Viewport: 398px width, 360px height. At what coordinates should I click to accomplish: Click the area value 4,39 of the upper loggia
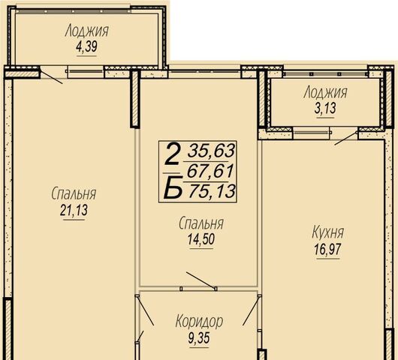(x=86, y=47)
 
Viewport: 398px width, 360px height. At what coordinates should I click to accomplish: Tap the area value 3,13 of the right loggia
(x=325, y=109)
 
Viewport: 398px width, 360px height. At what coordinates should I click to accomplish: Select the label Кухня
(x=327, y=232)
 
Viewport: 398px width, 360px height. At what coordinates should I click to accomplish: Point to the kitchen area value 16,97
(x=327, y=250)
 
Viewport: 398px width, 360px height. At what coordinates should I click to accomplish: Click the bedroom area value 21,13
(x=74, y=211)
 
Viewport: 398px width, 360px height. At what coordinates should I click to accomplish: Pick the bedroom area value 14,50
(x=201, y=239)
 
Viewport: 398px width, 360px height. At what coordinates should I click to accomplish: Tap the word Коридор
(x=199, y=322)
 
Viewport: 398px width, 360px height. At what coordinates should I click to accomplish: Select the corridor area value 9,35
(x=199, y=337)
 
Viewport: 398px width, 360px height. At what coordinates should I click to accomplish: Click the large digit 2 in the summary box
(x=172, y=154)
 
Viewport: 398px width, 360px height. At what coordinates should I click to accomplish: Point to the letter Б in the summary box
(x=173, y=187)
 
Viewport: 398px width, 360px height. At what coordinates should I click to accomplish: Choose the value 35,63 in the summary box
(x=211, y=151)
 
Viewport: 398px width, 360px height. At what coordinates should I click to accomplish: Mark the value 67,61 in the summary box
(x=210, y=172)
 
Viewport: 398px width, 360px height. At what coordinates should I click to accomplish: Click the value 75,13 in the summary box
(x=213, y=191)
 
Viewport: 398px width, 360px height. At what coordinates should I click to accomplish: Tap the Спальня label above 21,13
(x=74, y=194)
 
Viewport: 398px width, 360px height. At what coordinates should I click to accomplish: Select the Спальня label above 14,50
(x=201, y=223)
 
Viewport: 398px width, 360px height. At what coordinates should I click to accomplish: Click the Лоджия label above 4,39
(x=87, y=31)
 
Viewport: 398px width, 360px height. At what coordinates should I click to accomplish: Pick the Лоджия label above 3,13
(x=325, y=92)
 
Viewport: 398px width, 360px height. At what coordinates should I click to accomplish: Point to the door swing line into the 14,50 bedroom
(x=201, y=280)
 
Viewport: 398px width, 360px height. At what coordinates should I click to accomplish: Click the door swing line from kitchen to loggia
(x=346, y=139)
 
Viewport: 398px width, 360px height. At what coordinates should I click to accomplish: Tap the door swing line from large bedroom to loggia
(x=52, y=77)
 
